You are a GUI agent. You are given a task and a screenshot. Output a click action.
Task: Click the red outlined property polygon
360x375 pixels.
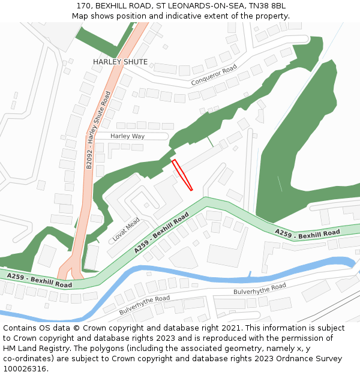182,175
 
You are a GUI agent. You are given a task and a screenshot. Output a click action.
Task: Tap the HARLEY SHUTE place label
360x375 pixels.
120,62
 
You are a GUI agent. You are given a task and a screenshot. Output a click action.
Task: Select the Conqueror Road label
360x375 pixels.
214,74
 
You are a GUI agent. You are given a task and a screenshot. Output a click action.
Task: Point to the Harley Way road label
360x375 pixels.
127,136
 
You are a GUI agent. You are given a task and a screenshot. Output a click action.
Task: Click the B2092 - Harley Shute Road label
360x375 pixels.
98,130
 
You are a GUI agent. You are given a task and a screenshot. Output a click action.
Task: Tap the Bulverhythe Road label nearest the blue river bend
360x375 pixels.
145,305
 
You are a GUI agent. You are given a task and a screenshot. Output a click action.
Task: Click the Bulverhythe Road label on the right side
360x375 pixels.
259,290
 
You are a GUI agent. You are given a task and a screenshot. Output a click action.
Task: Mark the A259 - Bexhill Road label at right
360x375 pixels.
307,233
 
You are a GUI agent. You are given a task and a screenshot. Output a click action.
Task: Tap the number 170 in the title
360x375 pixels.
83,6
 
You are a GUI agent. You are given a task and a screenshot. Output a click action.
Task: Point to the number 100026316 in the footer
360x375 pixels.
25,368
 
